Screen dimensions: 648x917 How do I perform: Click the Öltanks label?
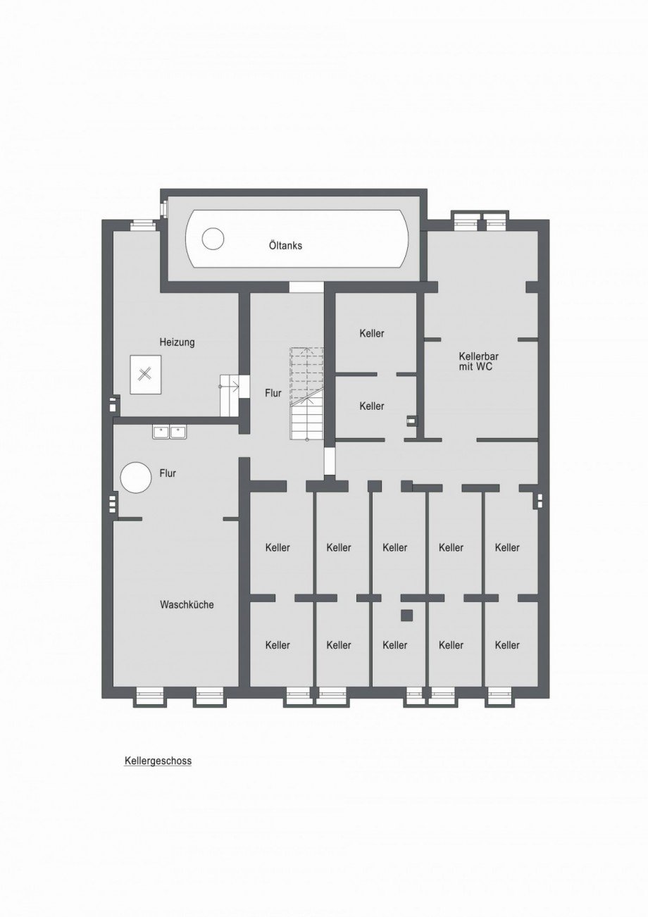(286, 246)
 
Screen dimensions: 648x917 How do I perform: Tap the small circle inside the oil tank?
(213, 238)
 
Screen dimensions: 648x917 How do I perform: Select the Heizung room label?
(177, 342)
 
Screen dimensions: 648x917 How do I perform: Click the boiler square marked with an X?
(146, 375)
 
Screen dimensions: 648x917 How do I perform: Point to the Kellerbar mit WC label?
(478, 361)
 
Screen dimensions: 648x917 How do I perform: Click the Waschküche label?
(187, 605)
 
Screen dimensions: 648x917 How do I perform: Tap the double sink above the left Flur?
(170, 432)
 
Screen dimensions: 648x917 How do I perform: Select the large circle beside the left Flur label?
(135, 478)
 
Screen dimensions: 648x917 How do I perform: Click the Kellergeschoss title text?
(158, 761)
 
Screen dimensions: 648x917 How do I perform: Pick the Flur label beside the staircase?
(273, 393)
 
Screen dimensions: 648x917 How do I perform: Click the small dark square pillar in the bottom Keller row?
(406, 616)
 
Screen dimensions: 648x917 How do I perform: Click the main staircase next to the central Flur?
(307, 394)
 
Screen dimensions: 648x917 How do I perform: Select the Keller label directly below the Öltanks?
(372, 333)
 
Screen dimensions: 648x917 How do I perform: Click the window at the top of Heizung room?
(142, 223)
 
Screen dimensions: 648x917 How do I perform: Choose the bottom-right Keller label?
(506, 645)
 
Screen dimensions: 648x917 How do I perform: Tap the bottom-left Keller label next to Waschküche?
(278, 645)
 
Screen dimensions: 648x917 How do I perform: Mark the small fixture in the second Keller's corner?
(411, 420)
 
